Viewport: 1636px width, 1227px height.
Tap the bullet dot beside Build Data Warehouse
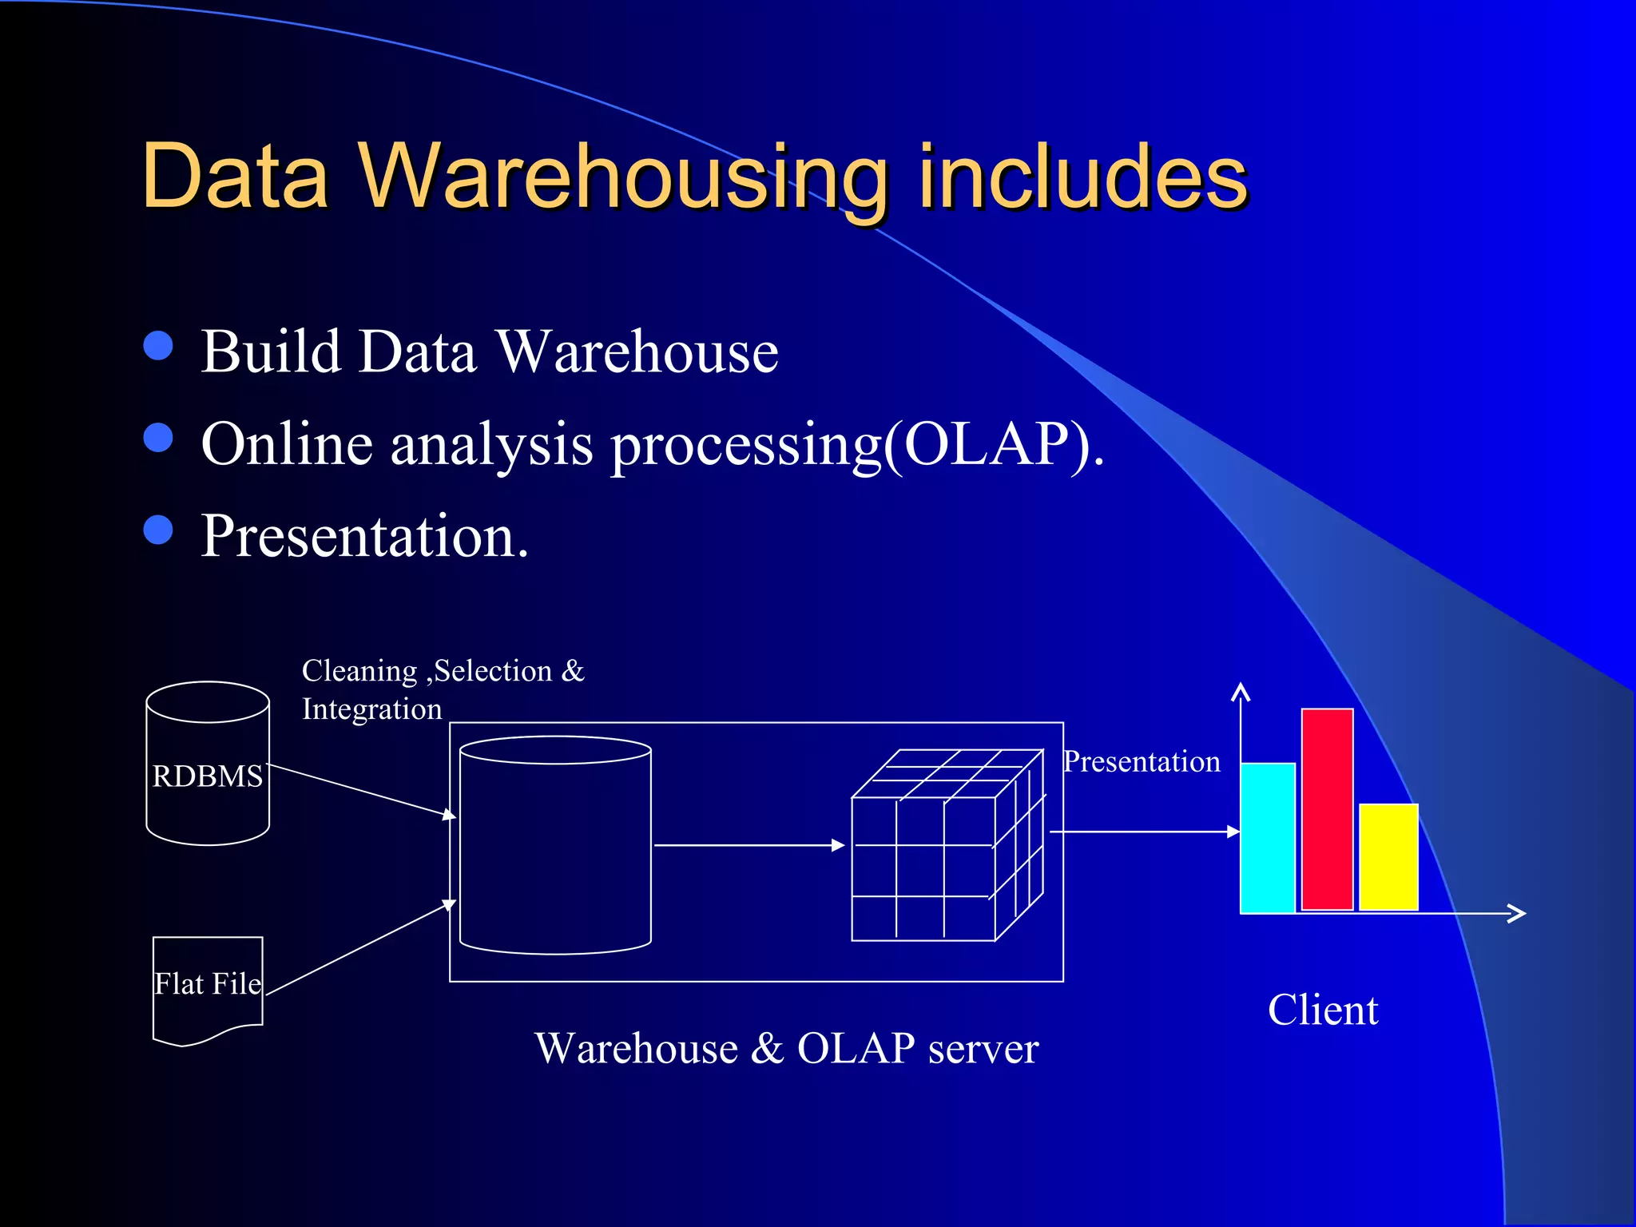[x=158, y=346]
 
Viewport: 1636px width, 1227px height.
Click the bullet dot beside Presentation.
[x=158, y=530]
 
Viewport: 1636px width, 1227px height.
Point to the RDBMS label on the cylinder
[x=207, y=776]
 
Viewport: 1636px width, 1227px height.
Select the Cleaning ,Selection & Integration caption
[x=442, y=689]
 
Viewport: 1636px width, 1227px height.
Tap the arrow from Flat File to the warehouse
[x=359, y=948]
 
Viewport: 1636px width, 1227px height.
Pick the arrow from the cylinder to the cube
[x=748, y=845]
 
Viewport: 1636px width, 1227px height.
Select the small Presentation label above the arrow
[x=1142, y=762]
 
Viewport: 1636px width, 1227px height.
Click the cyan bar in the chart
[x=1267, y=839]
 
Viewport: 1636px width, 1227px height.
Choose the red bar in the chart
[x=1327, y=808]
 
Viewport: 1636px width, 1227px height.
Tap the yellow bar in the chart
[x=1388, y=856]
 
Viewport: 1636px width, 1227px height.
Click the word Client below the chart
[x=1323, y=1011]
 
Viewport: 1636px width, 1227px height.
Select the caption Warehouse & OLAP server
[x=786, y=1048]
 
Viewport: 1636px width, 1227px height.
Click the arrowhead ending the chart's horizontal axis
[x=1518, y=913]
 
